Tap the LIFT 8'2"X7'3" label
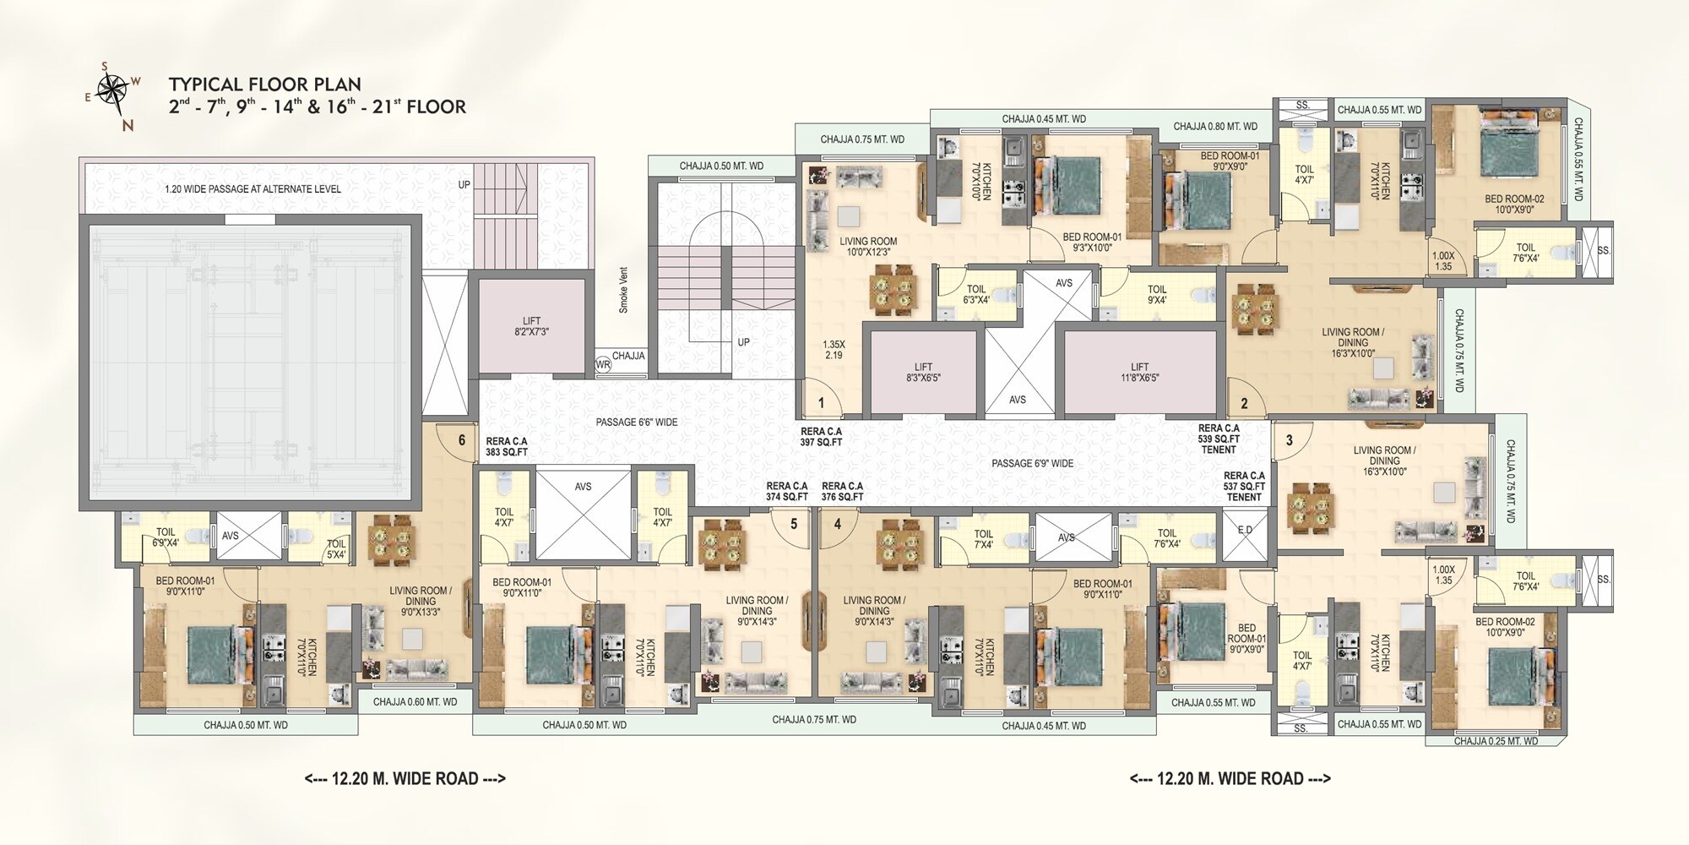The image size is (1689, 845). [x=531, y=327]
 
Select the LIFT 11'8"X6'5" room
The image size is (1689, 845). [x=1139, y=372]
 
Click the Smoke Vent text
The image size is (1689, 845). [x=623, y=290]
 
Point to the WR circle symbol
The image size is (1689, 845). [x=603, y=365]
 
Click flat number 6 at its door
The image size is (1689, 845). [x=461, y=440]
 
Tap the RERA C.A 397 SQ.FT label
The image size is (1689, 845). [x=822, y=436]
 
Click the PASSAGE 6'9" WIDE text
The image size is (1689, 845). [x=1032, y=464]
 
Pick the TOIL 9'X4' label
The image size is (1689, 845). [x=1157, y=295]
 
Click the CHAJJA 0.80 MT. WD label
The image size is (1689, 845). [x=1215, y=127]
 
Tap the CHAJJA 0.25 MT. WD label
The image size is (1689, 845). [x=1496, y=741]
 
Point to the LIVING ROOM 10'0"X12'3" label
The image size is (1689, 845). [x=868, y=247]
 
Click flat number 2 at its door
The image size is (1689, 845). [x=1244, y=405]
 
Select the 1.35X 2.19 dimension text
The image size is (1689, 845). [x=834, y=350]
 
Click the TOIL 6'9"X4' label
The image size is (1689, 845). [x=166, y=537]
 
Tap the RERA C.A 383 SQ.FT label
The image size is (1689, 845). [x=507, y=446]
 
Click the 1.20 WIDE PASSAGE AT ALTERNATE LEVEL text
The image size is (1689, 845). [x=253, y=189]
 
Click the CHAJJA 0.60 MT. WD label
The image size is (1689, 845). [x=415, y=701]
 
